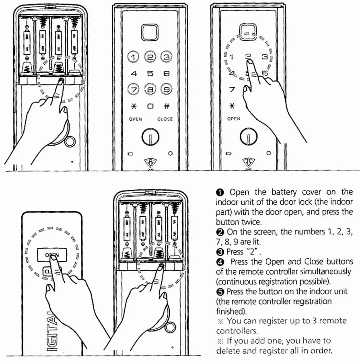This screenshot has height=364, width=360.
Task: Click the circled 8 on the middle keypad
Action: pos(150,89)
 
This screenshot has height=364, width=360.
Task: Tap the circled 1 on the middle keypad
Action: pos(134,58)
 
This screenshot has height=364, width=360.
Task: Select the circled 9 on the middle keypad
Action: pos(166,89)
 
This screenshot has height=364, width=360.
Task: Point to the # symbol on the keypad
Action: pos(166,106)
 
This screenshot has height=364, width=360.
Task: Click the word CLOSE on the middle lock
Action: pos(165,119)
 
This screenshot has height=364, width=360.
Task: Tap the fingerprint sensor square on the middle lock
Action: pos(150,31)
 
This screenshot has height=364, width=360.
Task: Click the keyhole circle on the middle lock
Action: pos(150,138)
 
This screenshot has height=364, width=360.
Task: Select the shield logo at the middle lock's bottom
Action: pos(150,162)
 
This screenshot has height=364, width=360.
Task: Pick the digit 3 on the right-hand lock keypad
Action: pos(264,57)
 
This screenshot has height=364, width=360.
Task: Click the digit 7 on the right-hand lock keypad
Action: pos(232,89)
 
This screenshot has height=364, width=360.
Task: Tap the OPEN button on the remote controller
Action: pos(51,255)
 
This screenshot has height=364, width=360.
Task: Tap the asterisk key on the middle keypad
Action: pos(134,106)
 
